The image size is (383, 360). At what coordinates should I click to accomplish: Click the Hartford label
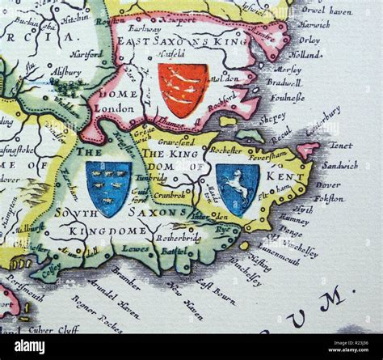[x=87, y=53]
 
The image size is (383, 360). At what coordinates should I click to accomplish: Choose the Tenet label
[x=339, y=146]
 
